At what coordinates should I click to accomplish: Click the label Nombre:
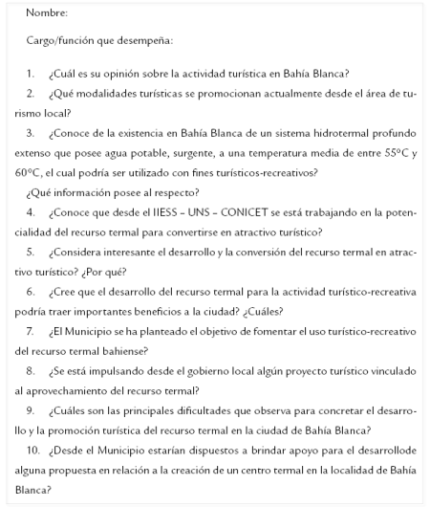pos(47,13)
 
